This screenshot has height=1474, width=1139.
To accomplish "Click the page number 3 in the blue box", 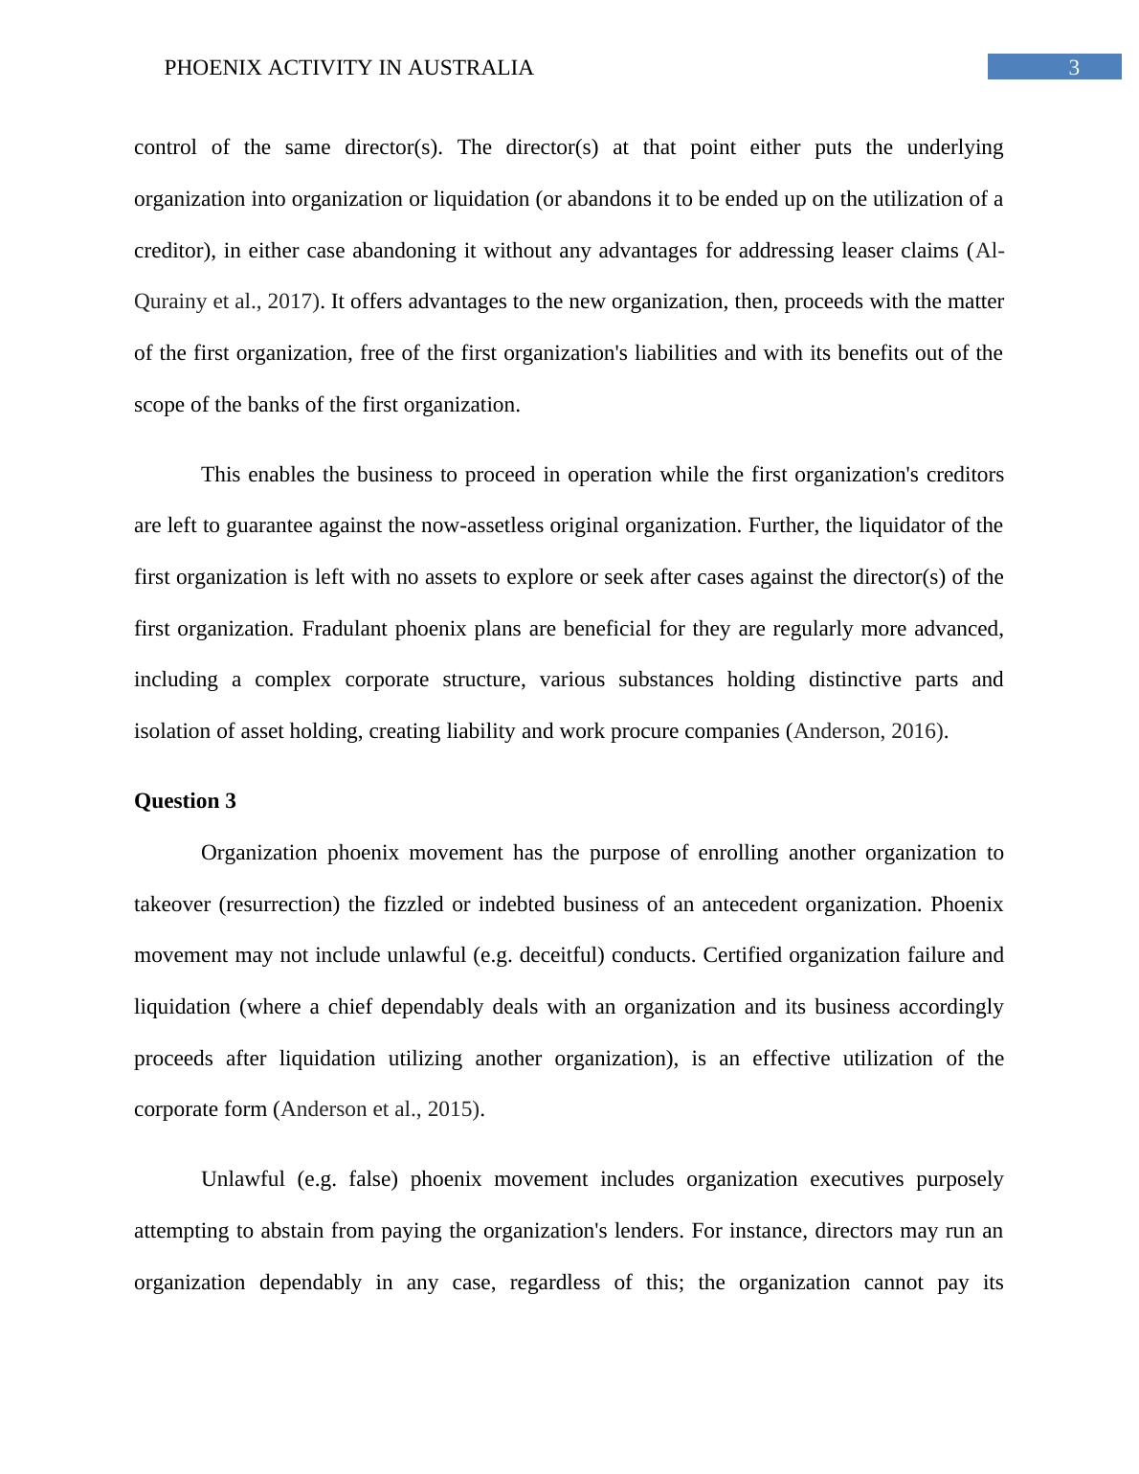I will tap(1073, 68).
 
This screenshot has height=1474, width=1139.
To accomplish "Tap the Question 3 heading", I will tap(185, 801).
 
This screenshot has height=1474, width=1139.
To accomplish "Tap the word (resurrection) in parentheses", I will tap(279, 904).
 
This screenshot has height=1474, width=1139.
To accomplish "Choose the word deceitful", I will tap(563, 955).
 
